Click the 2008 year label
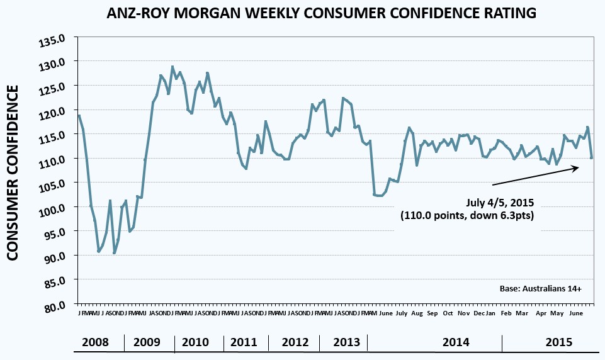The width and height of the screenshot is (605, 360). point(96,342)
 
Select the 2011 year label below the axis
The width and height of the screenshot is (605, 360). point(244,342)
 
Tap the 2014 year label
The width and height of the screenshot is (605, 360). point(456,342)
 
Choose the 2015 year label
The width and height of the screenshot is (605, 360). point(558,342)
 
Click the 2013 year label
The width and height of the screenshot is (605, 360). point(346,342)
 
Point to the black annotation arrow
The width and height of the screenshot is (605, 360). point(534,176)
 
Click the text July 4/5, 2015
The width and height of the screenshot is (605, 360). point(499,203)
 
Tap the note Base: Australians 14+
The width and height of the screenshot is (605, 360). point(549,289)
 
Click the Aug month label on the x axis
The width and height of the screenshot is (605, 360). point(416,313)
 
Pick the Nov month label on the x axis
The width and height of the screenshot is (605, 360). point(463,313)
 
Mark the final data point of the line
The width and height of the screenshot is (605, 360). point(591,157)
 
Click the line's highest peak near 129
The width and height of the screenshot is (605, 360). point(172,66)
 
